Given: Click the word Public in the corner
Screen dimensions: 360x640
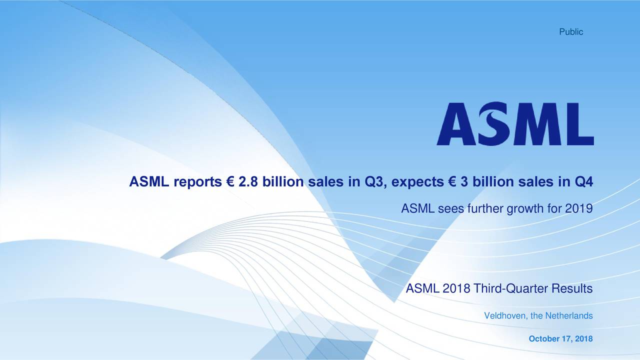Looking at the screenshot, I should pos(570,32).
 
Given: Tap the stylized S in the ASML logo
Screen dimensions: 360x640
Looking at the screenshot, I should pos(495,123).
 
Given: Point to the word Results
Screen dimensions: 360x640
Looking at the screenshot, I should pos(572,289).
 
